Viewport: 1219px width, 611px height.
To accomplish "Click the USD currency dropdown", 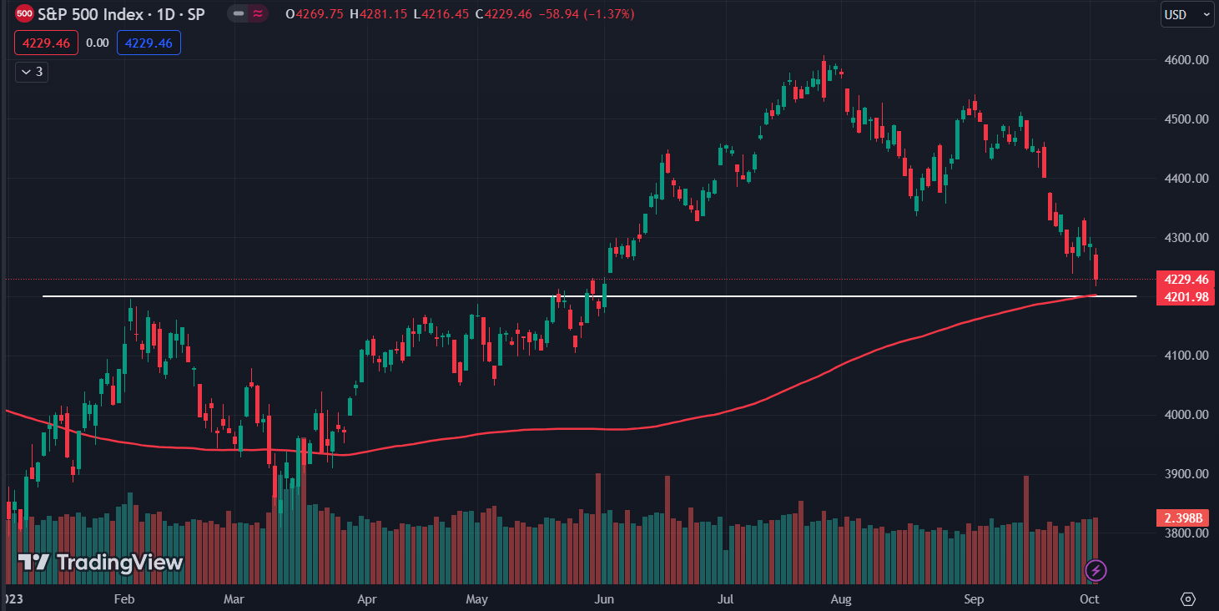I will click(x=1186, y=14).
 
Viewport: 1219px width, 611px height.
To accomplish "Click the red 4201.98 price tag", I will click(x=1185, y=297).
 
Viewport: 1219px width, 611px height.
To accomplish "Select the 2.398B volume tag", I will click(x=1185, y=518).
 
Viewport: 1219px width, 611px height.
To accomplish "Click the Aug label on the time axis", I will click(x=841, y=599).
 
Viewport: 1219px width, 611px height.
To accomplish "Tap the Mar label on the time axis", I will click(x=234, y=599).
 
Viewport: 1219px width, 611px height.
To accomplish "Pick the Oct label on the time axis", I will click(x=1090, y=599).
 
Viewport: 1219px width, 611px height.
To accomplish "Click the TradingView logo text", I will click(x=101, y=563).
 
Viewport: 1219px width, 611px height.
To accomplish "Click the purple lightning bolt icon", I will click(x=1096, y=571).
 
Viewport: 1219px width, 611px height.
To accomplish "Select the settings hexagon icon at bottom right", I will click(x=1188, y=598).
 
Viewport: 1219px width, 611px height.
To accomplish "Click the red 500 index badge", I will click(x=25, y=14).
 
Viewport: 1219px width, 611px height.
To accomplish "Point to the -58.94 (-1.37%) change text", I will click(x=592, y=14).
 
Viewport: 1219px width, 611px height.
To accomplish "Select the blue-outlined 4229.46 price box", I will click(x=149, y=43).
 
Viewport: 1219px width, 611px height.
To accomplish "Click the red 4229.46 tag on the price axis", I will click(x=1185, y=279).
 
